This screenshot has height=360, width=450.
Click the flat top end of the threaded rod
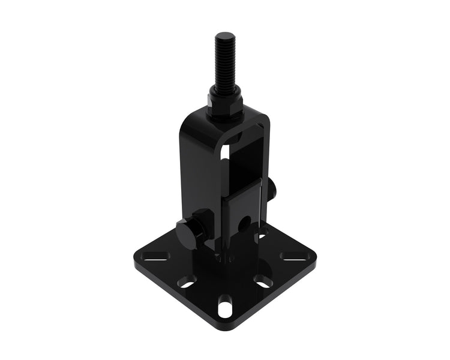coord(226,35)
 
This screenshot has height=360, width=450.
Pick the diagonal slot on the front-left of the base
coord(187,281)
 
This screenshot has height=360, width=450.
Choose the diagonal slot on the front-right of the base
coord(263,280)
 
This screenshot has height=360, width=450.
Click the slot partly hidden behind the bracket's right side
coord(263,232)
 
